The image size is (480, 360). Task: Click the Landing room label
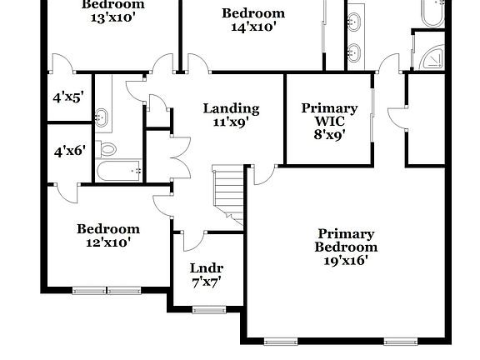[232, 108]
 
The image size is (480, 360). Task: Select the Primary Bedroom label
[346, 240]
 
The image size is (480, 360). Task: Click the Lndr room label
[206, 268]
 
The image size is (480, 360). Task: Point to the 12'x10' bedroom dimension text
[108, 243]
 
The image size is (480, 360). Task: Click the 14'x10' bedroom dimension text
[253, 27]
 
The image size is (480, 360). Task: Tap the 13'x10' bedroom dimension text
[112, 18]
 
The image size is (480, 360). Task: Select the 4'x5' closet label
[67, 97]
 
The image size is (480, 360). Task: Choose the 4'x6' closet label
[67, 152]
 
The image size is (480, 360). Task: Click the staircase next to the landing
[228, 195]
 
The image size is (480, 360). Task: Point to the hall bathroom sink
[102, 117]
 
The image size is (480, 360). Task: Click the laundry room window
[208, 310]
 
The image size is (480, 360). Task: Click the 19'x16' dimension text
[346, 260]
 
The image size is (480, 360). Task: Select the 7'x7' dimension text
[206, 282]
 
